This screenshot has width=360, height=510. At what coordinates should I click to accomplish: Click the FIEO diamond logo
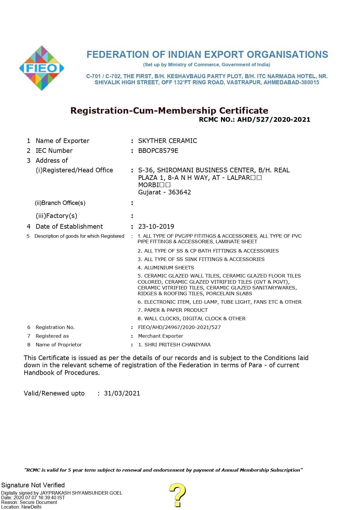(x=42, y=68)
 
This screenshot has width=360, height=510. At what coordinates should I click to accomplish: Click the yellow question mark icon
(x=177, y=495)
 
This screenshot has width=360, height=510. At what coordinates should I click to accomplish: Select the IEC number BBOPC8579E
(x=158, y=151)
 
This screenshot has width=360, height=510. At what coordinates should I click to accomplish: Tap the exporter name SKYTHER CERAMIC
(x=168, y=141)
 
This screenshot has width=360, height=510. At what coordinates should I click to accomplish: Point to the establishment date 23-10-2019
(x=156, y=226)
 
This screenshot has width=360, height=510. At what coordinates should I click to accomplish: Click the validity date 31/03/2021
(x=122, y=393)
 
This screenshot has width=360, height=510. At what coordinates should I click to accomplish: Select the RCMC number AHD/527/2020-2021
(x=274, y=119)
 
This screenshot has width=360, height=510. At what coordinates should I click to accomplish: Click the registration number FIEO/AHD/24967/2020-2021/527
(x=179, y=327)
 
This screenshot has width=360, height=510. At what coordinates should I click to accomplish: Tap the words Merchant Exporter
(x=161, y=336)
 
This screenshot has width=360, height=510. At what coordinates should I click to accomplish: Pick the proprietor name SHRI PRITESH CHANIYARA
(x=177, y=345)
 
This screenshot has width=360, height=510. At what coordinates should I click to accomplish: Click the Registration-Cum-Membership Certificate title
(x=169, y=110)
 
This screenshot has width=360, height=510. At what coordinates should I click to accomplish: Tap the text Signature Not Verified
(x=33, y=485)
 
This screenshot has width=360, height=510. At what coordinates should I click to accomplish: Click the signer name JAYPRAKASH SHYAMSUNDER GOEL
(x=81, y=493)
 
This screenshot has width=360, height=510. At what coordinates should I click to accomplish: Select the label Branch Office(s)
(x=63, y=203)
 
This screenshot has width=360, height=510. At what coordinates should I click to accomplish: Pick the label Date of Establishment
(x=69, y=226)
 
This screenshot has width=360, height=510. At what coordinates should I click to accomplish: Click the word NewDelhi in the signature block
(x=31, y=507)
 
